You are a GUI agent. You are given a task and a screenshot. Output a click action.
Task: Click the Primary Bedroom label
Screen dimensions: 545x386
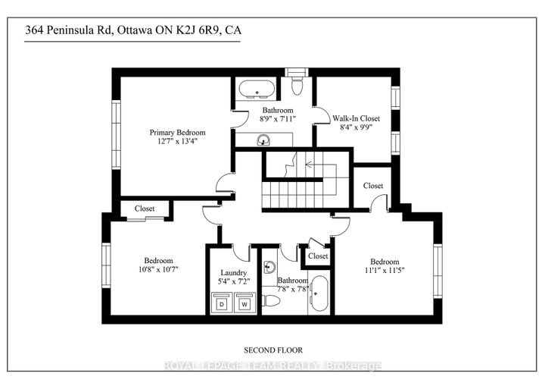point(177,133)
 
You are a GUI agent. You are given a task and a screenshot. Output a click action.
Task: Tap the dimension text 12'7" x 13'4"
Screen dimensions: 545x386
point(177,142)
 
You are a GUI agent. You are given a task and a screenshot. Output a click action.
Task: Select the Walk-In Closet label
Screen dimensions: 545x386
point(356,118)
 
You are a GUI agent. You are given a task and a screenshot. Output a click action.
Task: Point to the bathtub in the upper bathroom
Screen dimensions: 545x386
point(257,89)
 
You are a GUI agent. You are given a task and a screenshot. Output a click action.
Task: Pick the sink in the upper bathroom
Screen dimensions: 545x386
point(263,140)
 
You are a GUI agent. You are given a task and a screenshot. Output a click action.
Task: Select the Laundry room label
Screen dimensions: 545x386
point(234,273)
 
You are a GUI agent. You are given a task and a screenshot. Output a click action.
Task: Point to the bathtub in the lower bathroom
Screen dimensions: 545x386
point(319,293)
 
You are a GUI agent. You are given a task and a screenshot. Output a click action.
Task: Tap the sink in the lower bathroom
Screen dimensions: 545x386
point(269,268)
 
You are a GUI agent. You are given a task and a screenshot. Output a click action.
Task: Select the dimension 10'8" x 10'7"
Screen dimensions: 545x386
point(158,269)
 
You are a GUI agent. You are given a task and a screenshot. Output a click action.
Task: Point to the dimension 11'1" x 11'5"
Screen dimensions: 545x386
point(385,270)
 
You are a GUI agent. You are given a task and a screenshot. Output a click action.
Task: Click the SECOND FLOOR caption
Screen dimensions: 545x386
point(273,350)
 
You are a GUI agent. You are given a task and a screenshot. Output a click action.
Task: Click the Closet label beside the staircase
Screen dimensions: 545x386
point(373,186)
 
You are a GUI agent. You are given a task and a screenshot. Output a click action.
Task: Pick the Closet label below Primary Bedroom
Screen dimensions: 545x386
point(145,209)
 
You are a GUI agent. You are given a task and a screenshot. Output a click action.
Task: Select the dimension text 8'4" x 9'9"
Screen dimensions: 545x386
point(356,127)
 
